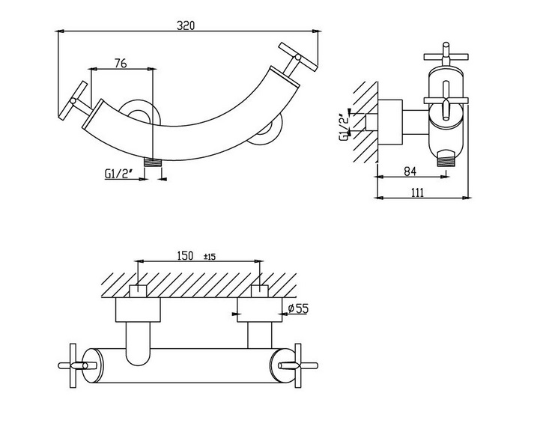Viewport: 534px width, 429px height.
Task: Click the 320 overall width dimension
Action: [186, 25]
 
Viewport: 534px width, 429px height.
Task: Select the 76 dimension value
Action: [121, 63]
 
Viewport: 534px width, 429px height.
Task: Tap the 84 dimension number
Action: [410, 171]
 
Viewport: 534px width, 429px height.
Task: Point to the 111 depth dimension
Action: [417, 192]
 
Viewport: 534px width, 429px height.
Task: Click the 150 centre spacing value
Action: [185, 255]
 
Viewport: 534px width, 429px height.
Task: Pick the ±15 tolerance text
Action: [210, 256]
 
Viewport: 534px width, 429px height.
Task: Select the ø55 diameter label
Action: [298, 308]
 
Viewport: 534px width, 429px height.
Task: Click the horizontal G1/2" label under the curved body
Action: [118, 174]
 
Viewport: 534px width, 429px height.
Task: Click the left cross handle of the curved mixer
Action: [74, 101]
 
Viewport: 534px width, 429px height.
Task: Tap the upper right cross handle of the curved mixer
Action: [297, 58]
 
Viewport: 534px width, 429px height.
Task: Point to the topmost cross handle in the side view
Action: [446, 55]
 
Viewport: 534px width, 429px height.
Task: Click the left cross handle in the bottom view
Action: [73, 365]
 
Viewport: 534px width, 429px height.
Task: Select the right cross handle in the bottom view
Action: [298, 365]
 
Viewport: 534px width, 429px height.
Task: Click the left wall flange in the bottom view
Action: [138, 310]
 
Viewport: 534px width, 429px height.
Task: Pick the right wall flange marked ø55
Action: [260, 310]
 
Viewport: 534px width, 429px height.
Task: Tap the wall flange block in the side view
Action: [391, 123]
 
